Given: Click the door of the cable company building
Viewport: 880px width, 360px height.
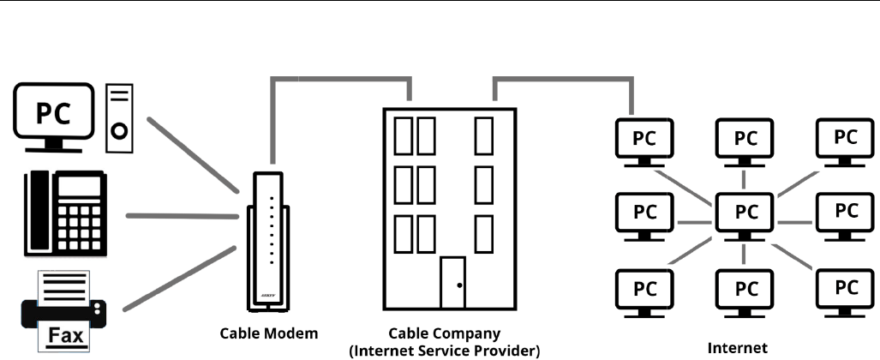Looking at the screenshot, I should point(453,284).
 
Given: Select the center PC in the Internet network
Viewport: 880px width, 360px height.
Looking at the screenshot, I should point(745,211).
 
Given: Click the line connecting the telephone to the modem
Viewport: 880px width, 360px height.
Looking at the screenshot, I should point(180,216).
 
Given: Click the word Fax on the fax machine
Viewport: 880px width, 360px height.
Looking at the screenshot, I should point(64,334).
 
